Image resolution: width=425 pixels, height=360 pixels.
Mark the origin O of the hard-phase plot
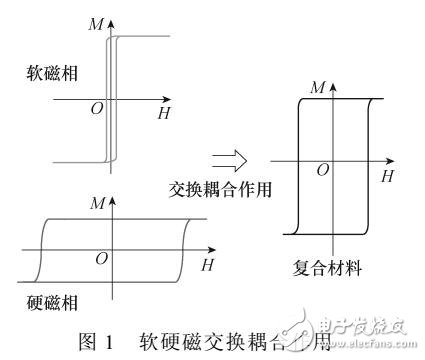pos(101,258)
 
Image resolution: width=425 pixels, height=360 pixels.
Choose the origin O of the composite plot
pos(322,170)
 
